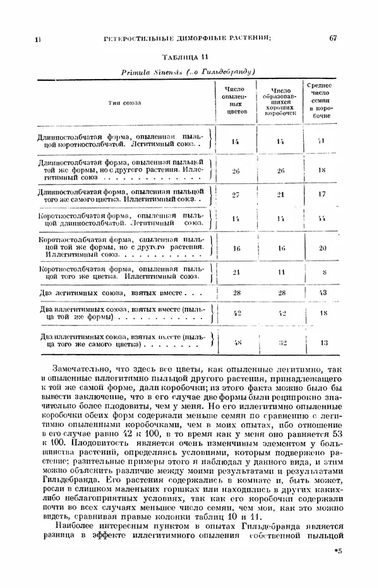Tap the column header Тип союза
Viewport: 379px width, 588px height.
click(x=124, y=101)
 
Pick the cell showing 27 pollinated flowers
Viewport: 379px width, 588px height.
click(x=236, y=195)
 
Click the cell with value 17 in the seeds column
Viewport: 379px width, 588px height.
click(x=322, y=195)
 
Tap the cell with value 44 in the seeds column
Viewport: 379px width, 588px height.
click(x=322, y=218)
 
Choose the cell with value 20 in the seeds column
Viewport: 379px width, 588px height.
click(x=322, y=248)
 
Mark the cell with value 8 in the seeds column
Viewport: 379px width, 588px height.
click(x=322, y=273)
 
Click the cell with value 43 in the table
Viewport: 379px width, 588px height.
click(x=322, y=293)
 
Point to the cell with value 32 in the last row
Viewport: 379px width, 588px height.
click(x=282, y=343)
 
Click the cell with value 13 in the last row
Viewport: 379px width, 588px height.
click(x=322, y=343)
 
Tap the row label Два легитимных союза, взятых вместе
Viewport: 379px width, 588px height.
click(x=111, y=293)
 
